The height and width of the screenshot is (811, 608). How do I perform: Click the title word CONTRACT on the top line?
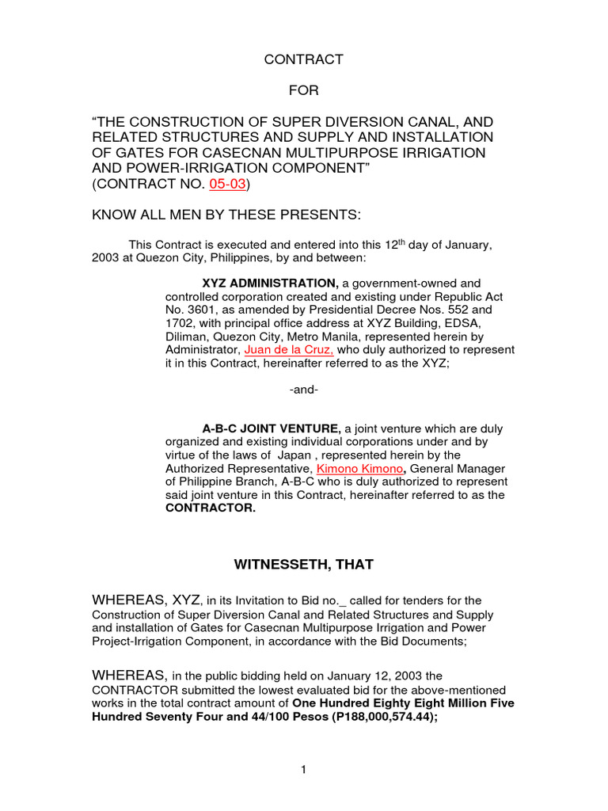(x=303, y=59)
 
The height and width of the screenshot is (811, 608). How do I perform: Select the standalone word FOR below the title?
(x=303, y=90)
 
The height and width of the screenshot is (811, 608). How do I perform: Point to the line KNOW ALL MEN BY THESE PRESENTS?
(x=226, y=215)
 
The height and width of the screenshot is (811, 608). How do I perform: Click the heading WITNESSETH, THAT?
(x=304, y=565)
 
